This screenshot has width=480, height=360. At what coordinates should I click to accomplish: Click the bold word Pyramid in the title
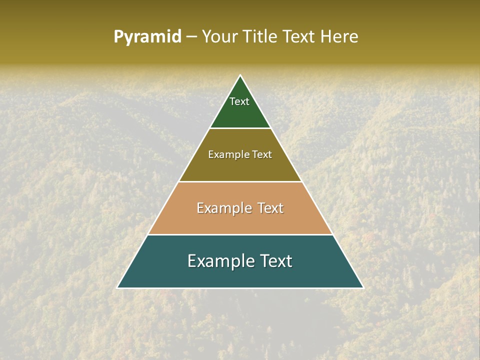[147, 37]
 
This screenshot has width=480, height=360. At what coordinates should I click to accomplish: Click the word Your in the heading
[219, 37]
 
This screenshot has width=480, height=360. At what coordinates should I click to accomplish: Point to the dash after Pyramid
[191, 37]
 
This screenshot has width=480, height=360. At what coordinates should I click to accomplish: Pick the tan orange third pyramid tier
[240, 220]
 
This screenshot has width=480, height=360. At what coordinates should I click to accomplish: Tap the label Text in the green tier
[239, 101]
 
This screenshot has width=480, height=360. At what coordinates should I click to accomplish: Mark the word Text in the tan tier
[270, 208]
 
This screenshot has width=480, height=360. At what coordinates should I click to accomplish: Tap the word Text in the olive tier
[261, 154]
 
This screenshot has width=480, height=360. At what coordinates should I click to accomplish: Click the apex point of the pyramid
[240, 75]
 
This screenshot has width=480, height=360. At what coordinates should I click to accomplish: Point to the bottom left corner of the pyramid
[117, 287]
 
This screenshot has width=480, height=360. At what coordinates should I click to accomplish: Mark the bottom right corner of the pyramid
[363, 287]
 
